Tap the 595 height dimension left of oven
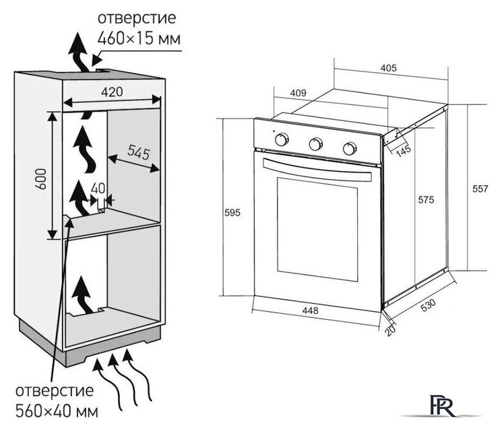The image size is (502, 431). pyautogui.click(x=232, y=213)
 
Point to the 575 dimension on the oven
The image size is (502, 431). pyautogui.click(x=425, y=200)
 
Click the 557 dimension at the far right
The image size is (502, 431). pyautogui.click(x=479, y=189)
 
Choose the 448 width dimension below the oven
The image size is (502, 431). pyautogui.click(x=310, y=311)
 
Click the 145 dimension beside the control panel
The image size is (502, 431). pyautogui.click(x=402, y=152)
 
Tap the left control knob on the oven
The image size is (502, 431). pyautogui.click(x=282, y=139)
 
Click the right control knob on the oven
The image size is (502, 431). pyautogui.click(x=348, y=147)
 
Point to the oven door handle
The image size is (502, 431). pyautogui.click(x=317, y=169)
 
